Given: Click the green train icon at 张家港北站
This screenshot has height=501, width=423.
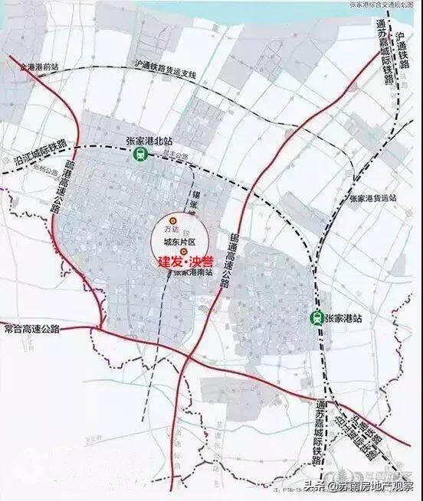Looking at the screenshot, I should click(x=139, y=154).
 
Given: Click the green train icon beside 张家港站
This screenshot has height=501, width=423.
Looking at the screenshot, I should click(x=315, y=317).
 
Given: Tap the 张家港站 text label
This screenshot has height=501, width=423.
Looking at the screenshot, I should click(x=343, y=317).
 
